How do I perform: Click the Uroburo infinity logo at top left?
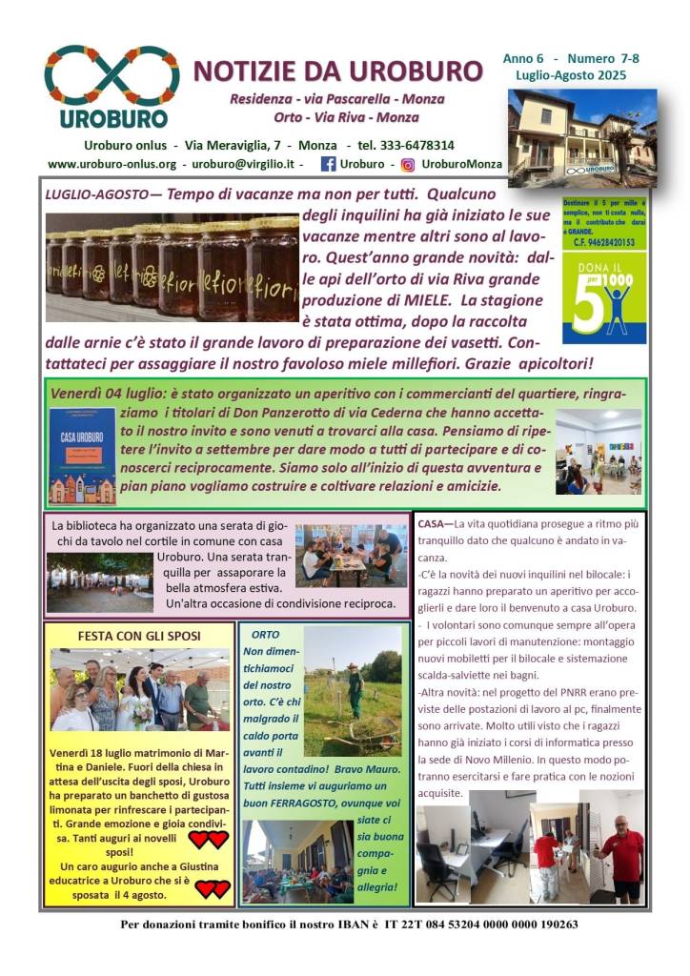pyautogui.click(x=112, y=76)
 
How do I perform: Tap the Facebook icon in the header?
pyautogui.click(x=328, y=164)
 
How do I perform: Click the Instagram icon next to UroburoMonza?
pyautogui.click(x=407, y=164)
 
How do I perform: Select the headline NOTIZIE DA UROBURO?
pyautogui.click(x=337, y=71)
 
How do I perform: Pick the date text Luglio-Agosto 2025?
pyautogui.click(x=570, y=75)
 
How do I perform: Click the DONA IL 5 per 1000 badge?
pyautogui.click(x=603, y=298)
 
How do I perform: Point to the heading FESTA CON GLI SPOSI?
pyautogui.click(x=139, y=636)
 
